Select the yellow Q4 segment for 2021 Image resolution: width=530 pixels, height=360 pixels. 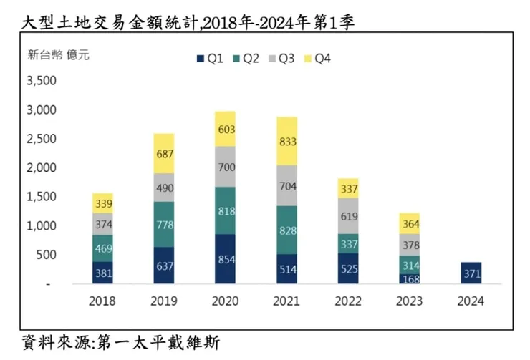click(286, 141)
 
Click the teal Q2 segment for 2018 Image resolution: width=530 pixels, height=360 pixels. click(102, 248)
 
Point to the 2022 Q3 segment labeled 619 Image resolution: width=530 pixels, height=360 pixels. click(349, 215)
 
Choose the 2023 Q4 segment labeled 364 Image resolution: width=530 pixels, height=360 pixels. click(410, 223)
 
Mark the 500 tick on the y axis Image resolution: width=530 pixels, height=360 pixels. click(45, 255)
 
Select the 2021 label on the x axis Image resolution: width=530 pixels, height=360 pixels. click(286, 301)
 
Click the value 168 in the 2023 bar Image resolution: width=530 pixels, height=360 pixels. click(410, 278)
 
